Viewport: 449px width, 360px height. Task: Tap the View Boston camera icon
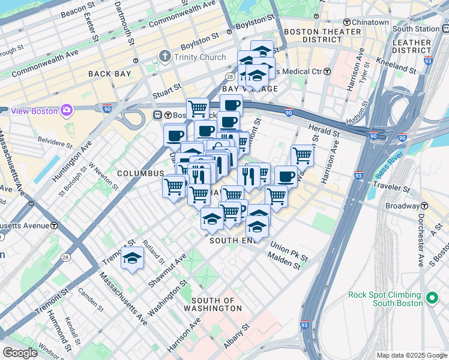click(67, 110)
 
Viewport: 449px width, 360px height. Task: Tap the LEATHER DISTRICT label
click(411, 47)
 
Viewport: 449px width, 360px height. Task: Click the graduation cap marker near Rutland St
click(132, 258)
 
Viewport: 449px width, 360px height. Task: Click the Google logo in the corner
click(20, 353)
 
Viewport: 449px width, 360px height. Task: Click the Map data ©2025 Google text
click(411, 355)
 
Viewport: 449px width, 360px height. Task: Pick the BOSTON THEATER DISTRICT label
click(312, 35)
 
